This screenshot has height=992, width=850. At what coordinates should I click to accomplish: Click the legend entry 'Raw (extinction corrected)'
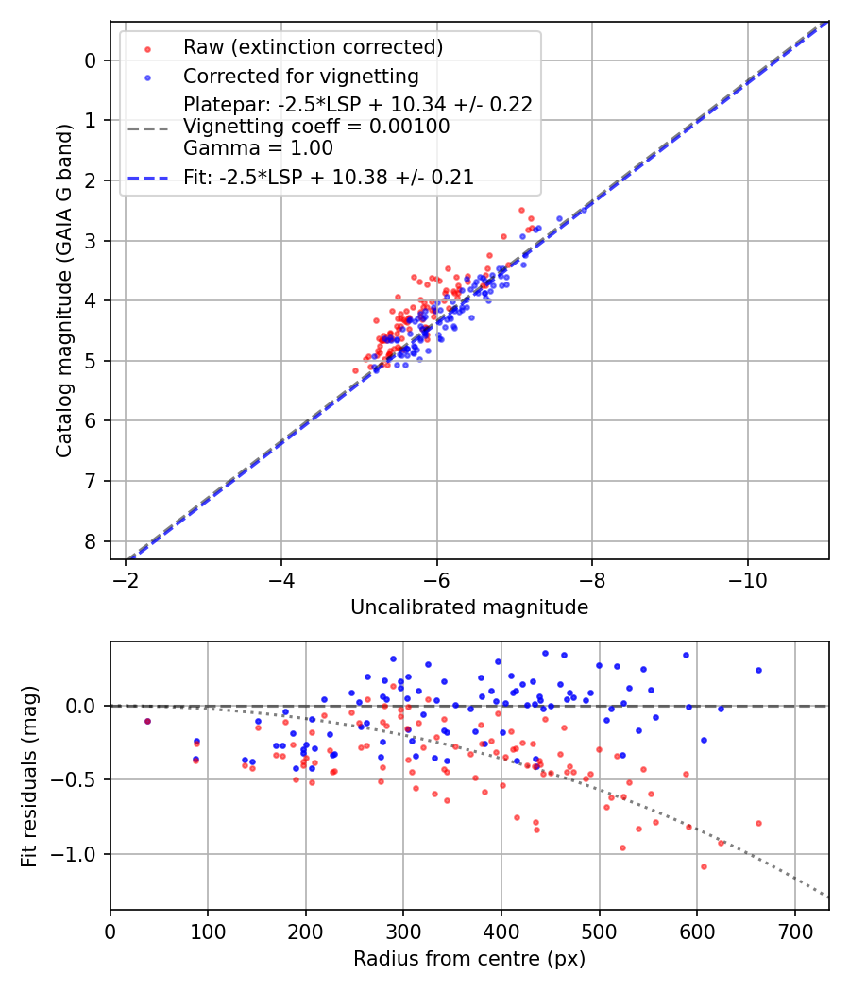pyautogui.click(x=313, y=47)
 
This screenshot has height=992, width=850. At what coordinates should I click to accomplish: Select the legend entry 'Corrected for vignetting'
pyautogui.click(x=301, y=76)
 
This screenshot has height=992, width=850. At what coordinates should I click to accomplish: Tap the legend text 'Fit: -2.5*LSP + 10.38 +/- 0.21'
pyautogui.click(x=328, y=177)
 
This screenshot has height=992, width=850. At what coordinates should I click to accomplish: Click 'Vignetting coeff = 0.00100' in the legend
pyautogui.click(x=316, y=126)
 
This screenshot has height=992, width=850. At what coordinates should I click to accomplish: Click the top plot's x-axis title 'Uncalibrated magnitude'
pyautogui.click(x=469, y=607)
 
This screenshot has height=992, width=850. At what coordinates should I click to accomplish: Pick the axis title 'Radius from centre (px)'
pyautogui.click(x=469, y=959)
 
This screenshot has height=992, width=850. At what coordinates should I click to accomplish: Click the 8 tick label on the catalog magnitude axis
pyautogui.click(x=91, y=541)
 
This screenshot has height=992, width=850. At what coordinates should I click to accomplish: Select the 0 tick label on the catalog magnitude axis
pyautogui.click(x=91, y=60)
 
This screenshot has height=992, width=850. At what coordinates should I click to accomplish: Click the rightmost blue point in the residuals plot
pyautogui.click(x=758, y=670)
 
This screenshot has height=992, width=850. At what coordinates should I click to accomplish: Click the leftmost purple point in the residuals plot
pyautogui.click(x=147, y=721)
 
